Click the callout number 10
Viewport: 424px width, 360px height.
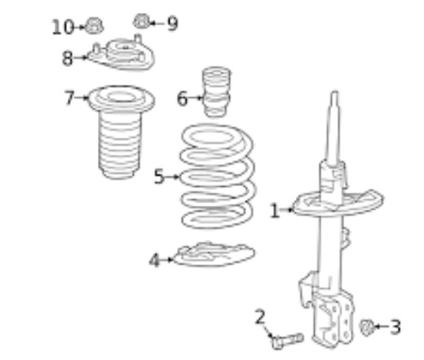tap(63, 27)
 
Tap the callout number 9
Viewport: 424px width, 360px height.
tap(173, 24)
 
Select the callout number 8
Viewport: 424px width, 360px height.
tap(68, 58)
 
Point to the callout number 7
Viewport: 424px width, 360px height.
tap(69, 97)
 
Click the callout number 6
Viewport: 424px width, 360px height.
tap(182, 98)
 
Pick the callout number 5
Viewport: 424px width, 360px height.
tap(160, 176)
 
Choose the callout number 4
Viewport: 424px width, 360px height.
tap(154, 260)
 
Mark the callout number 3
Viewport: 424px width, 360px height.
tap(395, 327)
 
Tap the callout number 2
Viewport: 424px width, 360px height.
tap(260, 317)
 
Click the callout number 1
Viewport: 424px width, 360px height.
tap(275, 211)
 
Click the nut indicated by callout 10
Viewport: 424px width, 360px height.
tap(94, 26)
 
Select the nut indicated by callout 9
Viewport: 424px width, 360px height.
tap(142, 21)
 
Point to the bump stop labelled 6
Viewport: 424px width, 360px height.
tap(216, 91)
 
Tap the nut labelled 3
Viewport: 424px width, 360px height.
tap(366, 327)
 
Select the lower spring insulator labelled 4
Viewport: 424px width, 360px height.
tap(214, 254)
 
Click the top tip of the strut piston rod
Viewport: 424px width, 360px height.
tap(335, 92)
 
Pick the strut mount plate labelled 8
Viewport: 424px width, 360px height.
tap(121, 54)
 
